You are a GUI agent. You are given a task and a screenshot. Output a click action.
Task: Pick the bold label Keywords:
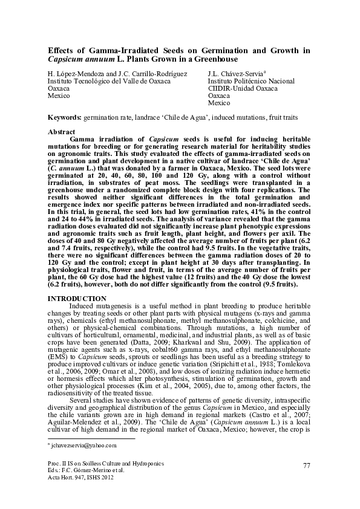(x=65, y=115)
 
